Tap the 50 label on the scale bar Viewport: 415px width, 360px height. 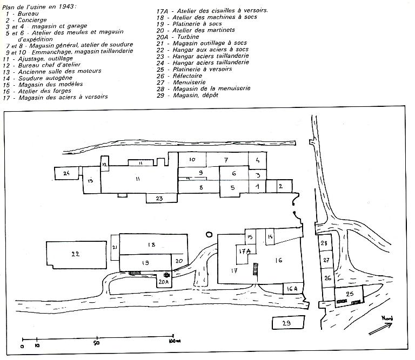point(96,343)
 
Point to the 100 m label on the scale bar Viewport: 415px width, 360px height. point(175,341)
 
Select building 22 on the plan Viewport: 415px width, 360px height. point(76,255)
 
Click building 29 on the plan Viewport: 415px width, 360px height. point(289,322)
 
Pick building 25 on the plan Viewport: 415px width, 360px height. point(349,296)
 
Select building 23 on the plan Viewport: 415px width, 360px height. point(162,198)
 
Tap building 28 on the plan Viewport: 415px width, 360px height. point(324,242)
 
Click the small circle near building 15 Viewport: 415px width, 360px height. point(209,234)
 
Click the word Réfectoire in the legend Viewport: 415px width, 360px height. point(188,76)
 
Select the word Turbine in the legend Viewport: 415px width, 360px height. point(188,37)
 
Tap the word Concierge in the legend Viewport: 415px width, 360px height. point(32,20)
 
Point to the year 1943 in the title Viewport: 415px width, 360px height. point(67,6)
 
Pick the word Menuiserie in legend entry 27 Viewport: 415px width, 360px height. point(189,82)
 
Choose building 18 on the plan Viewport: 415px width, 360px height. point(153,244)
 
